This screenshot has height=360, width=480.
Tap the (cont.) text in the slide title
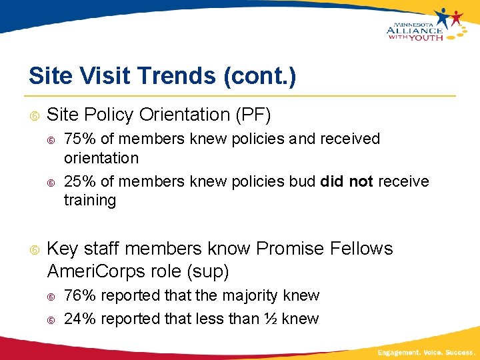pyautogui.click(x=256, y=75)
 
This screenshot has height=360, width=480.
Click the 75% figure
pyautogui.click(x=78, y=139)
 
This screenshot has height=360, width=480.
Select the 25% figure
pyautogui.click(x=78, y=181)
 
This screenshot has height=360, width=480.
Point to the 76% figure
pyautogui.click(x=78, y=295)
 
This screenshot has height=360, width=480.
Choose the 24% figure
pyautogui.click(x=78, y=319)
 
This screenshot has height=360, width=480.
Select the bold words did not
pyautogui.click(x=347, y=181)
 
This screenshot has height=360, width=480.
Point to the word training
pyautogui.click(x=90, y=200)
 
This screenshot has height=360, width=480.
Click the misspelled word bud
pyautogui.click(x=303, y=181)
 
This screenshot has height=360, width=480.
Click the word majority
pyautogui.click(x=251, y=295)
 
